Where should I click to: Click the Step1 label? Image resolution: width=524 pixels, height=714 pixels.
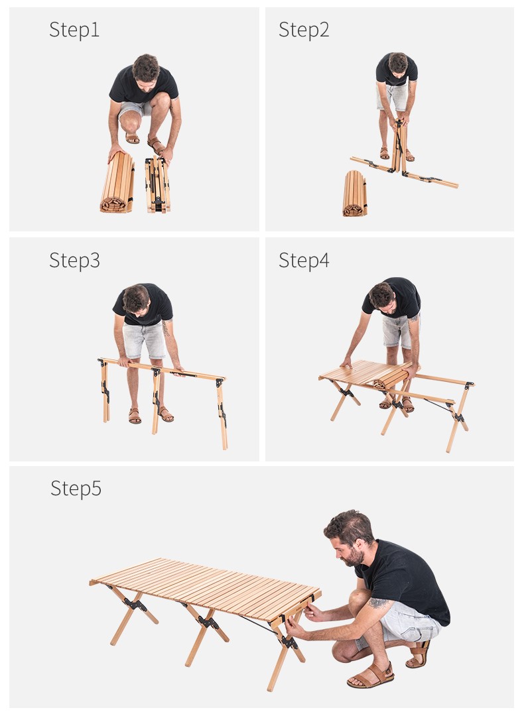click(74, 30)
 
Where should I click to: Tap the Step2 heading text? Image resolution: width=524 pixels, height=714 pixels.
click(304, 30)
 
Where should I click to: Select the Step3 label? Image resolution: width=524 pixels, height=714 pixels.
click(75, 261)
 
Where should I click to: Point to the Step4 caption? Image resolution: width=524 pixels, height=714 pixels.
click(304, 261)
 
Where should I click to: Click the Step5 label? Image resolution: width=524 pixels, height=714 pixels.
click(76, 489)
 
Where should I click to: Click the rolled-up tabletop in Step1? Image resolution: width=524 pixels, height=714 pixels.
click(117, 183)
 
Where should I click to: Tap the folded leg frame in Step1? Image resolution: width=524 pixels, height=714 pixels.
click(158, 185)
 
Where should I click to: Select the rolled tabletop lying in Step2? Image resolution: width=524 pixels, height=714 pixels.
click(355, 194)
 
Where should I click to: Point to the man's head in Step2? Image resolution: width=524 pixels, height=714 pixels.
click(397, 63)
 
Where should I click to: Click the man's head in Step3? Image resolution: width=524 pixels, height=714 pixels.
click(137, 300)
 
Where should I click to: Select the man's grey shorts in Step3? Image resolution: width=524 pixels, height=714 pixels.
click(144, 339)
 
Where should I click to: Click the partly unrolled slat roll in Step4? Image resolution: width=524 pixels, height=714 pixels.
click(393, 377)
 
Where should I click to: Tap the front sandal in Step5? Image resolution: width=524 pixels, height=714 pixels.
click(370, 676)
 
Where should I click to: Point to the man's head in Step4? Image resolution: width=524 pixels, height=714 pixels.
click(382, 296)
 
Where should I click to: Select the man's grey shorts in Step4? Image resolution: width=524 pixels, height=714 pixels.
click(397, 331)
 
